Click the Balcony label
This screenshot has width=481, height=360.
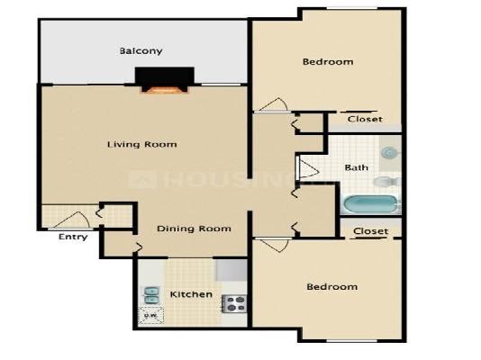[x=141, y=51]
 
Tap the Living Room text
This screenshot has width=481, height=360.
[x=141, y=144]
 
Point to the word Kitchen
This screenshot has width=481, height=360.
[x=191, y=294]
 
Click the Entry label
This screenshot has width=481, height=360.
[x=72, y=238]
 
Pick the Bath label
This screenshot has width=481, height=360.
[x=356, y=167]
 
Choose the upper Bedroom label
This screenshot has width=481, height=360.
[x=327, y=62]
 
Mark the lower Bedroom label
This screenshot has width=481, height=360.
[x=331, y=287]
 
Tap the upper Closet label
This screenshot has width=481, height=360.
[x=364, y=119]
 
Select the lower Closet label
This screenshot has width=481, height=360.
[x=370, y=231]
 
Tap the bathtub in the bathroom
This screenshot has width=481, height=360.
[x=369, y=204]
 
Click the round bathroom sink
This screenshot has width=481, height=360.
[x=389, y=153]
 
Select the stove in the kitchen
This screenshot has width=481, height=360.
[x=235, y=303]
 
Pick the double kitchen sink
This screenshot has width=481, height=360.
[x=150, y=295]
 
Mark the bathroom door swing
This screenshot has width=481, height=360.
[x=308, y=168]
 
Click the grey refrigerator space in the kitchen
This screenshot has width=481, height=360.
[x=231, y=269]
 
